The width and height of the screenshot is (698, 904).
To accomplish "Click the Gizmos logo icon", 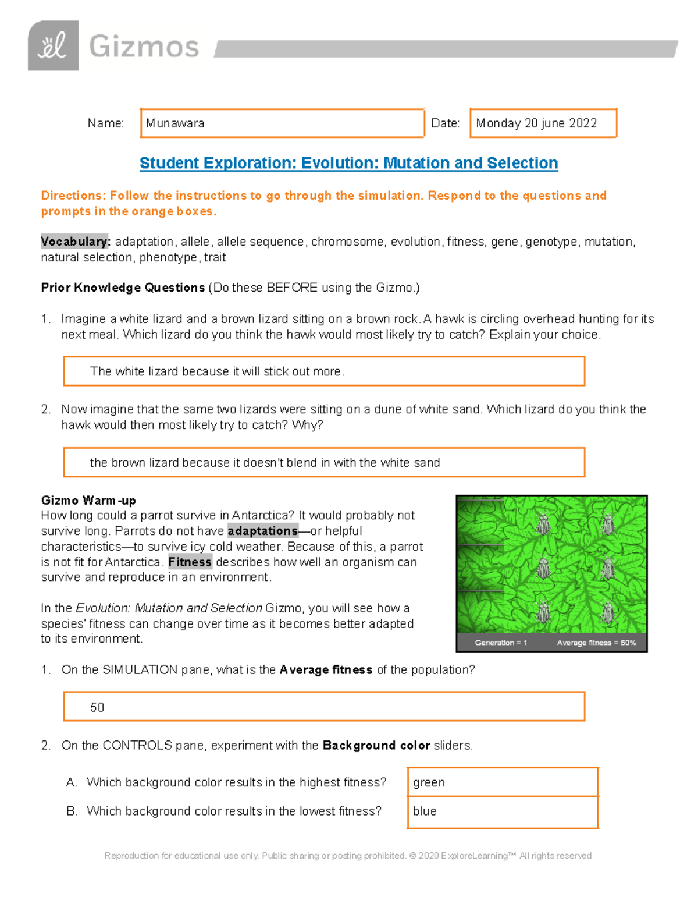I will tap(53, 46).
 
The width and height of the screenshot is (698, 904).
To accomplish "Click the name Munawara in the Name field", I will tap(175, 123).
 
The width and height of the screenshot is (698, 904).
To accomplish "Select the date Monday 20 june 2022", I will tap(536, 123).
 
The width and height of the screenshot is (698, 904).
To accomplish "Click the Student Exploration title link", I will tap(348, 163).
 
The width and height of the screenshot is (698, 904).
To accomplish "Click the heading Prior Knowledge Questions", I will tap(123, 288).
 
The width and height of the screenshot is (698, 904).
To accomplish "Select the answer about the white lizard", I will tap(217, 371).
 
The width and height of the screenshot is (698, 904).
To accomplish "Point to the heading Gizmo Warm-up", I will tap(88, 501).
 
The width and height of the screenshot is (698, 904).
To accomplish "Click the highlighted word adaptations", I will tap(262, 531).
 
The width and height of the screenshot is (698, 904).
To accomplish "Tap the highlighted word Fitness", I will tap(190, 562).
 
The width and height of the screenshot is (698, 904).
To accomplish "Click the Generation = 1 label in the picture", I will tap(501, 643).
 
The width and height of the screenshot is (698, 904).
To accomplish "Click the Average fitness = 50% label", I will tap(596, 643).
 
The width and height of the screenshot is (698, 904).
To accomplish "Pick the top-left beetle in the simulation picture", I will tap(543, 524).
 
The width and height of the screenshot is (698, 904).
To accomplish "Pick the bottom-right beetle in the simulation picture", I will tap(608, 612).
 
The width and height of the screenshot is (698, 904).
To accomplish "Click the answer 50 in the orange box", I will tap(97, 707).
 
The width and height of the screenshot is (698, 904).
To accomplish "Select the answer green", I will tap(429, 783).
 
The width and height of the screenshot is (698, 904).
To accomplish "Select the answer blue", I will tap(425, 811).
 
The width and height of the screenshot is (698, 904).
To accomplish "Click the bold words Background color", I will tap(376, 746).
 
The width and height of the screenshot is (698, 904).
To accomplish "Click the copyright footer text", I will tap(348, 856).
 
